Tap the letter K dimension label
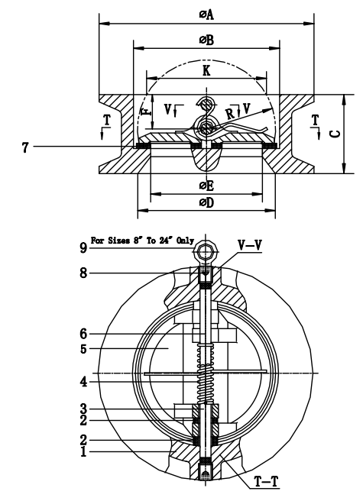click(206, 70)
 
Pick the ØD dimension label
click(206, 202)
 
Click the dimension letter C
click(354, 131)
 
